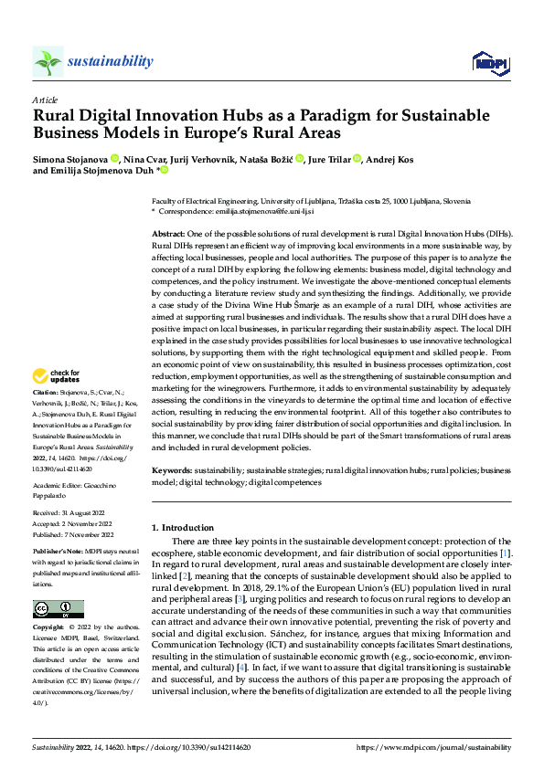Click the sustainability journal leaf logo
tap(48, 62)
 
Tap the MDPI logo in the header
tap(486, 62)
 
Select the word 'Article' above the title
tap(45, 99)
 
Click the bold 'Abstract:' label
tap(169, 235)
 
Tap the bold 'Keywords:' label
tap(174, 469)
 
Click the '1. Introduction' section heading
tap(182, 528)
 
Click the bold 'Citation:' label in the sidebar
tap(48, 414)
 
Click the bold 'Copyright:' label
tap(50, 628)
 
